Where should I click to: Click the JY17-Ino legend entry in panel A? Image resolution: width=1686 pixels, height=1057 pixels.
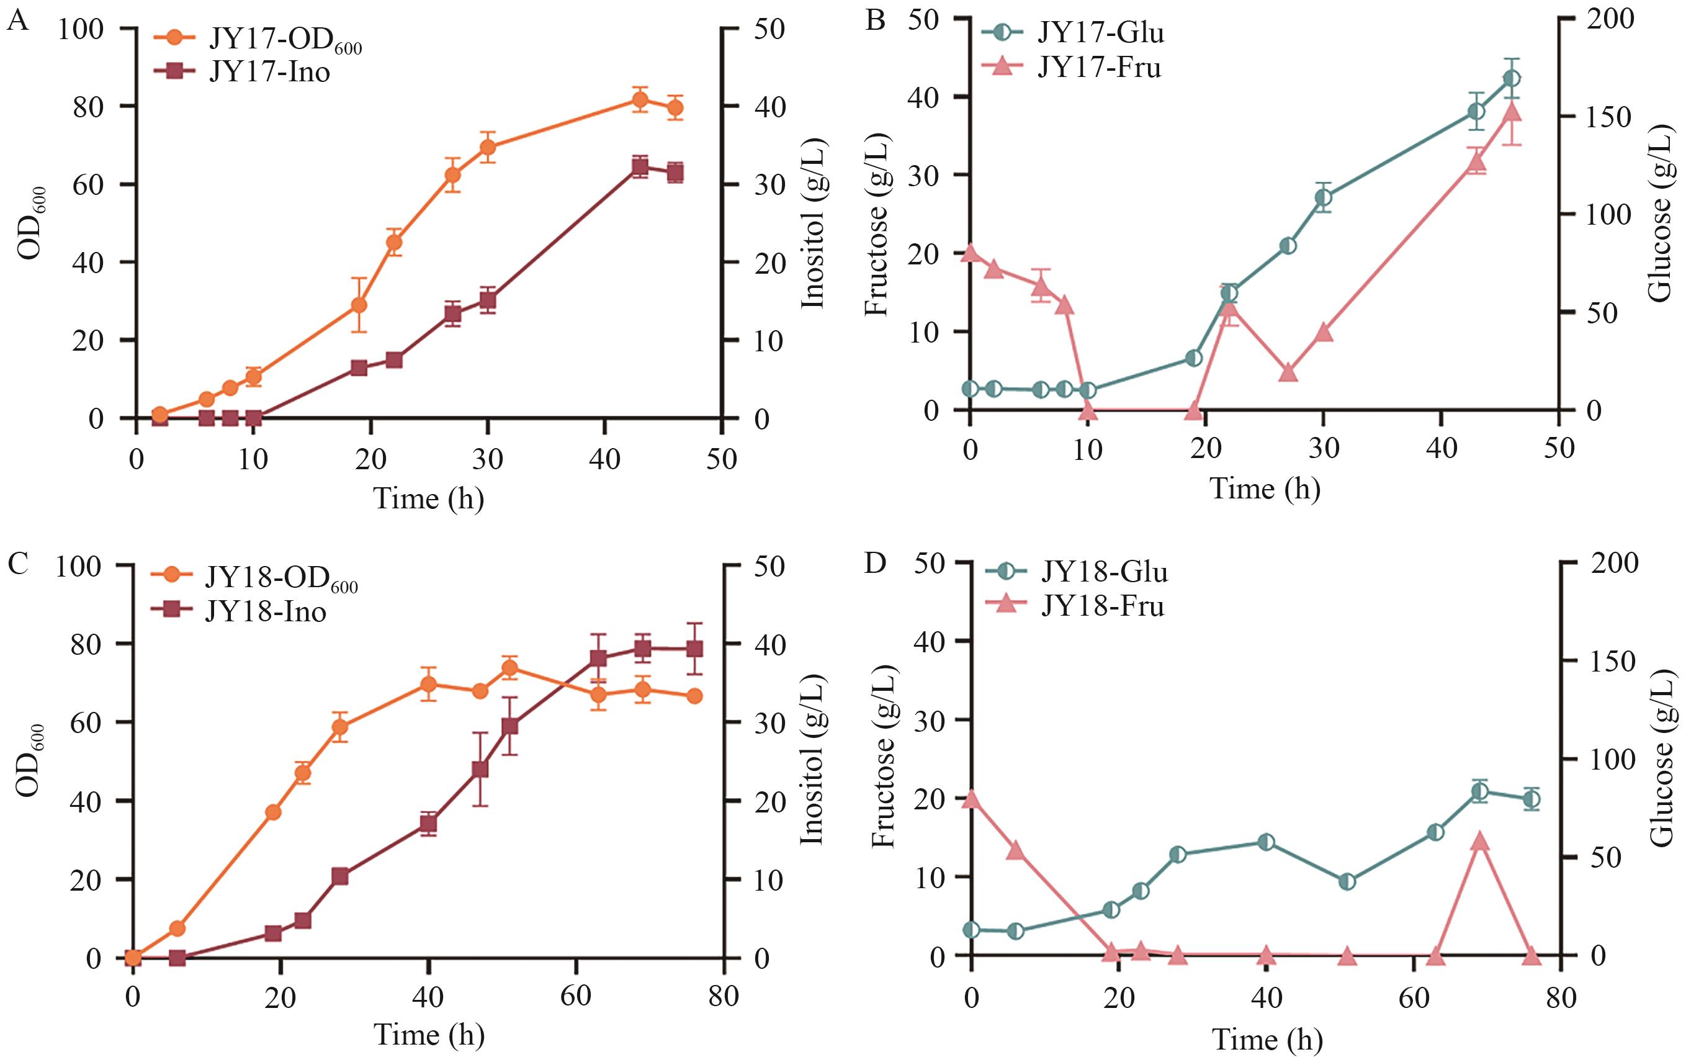[269, 71]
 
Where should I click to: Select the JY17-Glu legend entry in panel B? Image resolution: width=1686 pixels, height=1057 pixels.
[1100, 32]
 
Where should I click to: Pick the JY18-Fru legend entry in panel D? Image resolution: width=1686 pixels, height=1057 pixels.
[1103, 605]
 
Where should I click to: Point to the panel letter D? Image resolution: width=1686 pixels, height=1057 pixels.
[876, 562]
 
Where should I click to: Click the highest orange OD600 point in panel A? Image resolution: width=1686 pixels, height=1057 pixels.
[639, 99]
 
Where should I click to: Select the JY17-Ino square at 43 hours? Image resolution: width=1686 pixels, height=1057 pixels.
[639, 166]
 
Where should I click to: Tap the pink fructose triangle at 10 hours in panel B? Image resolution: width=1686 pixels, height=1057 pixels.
[1088, 410]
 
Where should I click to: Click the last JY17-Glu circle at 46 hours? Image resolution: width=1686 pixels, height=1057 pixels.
[1512, 78]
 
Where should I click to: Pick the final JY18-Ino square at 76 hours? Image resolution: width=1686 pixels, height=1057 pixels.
[694, 649]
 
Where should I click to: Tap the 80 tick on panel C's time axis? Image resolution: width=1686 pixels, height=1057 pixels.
[722, 996]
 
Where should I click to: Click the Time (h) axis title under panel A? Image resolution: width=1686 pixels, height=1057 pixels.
[429, 498]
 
